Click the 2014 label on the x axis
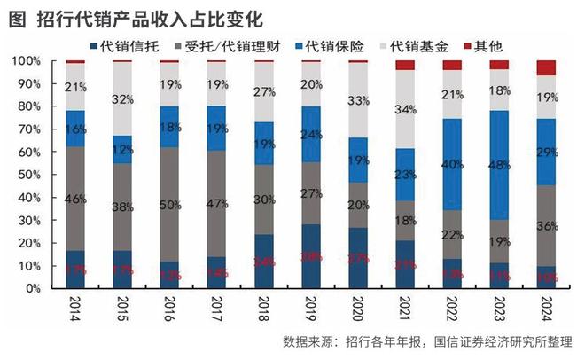tap(75, 310)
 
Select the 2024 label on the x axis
tap(547, 310)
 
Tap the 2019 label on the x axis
tap(310, 310)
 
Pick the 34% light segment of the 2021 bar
tap(404, 109)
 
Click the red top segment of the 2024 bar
tap(546, 68)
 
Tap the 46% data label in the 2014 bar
tap(75, 199)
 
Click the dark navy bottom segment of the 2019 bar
tap(310, 257)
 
